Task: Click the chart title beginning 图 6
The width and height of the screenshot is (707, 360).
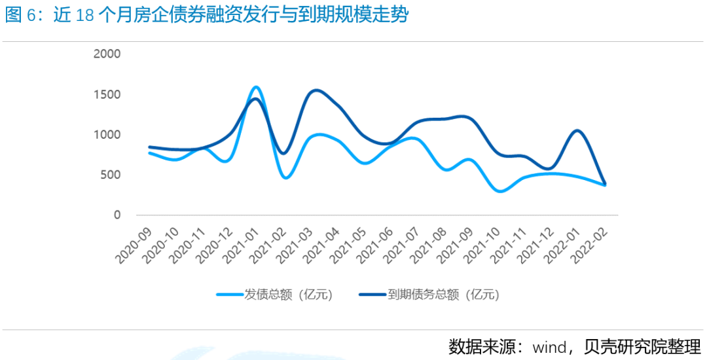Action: click(207, 15)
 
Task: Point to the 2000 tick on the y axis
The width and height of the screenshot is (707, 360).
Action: click(107, 54)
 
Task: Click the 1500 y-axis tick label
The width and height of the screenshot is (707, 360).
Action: click(107, 94)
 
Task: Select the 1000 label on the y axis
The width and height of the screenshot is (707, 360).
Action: click(107, 135)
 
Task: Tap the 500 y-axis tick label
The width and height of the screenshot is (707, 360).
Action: click(111, 175)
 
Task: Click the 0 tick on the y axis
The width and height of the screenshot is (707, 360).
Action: click(117, 215)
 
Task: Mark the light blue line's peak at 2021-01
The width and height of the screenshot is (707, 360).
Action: click(255, 87)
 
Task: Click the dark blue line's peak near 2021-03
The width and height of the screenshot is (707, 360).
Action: click(316, 90)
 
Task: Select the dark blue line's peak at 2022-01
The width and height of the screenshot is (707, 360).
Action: click(577, 130)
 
